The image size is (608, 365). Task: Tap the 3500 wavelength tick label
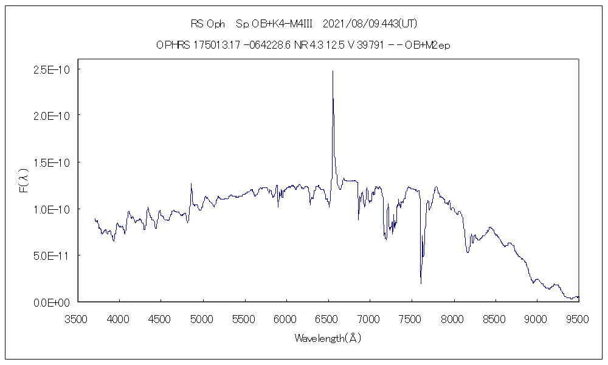pos(77,319)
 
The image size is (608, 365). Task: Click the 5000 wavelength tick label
pos(202,319)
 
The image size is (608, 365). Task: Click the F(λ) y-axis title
pos(23,183)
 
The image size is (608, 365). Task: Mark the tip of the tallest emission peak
pos(333,71)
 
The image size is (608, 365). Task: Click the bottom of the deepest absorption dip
pos(421,283)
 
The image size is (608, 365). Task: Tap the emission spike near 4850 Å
pos(191,183)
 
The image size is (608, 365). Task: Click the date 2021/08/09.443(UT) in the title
pos(370,24)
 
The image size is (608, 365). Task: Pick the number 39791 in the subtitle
pos(370,45)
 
